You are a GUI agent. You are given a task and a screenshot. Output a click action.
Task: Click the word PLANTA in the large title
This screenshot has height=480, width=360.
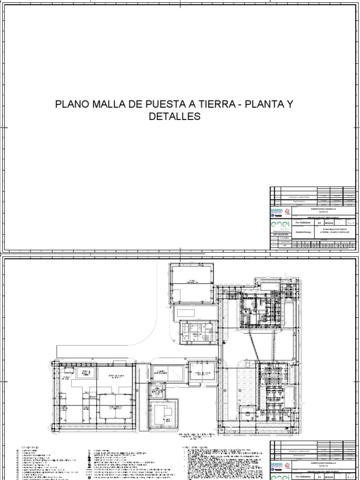tap(265, 104)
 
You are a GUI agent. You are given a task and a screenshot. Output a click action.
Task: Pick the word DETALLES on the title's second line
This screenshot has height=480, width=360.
tap(174, 116)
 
